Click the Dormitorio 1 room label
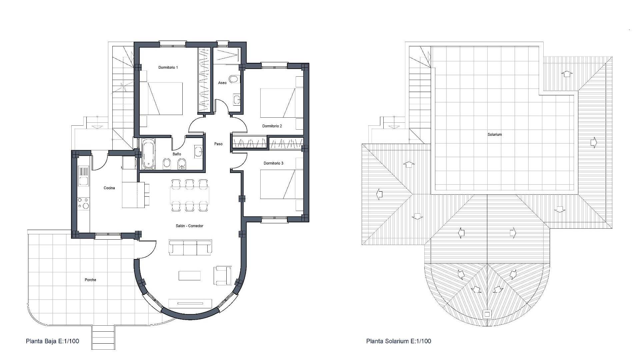tap(168, 67)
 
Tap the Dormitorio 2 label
tap(272, 126)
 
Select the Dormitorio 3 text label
tap(273, 163)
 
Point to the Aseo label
tap(222, 83)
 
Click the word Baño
tap(177, 154)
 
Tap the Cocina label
tap(109, 188)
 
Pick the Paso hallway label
tap(218, 144)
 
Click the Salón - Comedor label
tap(189, 226)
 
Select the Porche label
tap(90, 280)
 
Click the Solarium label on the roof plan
tap(495, 135)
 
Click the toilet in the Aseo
tap(235, 79)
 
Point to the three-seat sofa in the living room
tap(190, 247)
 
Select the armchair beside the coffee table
tap(223, 276)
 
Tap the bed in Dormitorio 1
tap(161, 99)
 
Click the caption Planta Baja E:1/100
tap(52, 341)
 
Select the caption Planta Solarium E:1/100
tap(399, 341)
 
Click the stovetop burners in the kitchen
tap(83, 203)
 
